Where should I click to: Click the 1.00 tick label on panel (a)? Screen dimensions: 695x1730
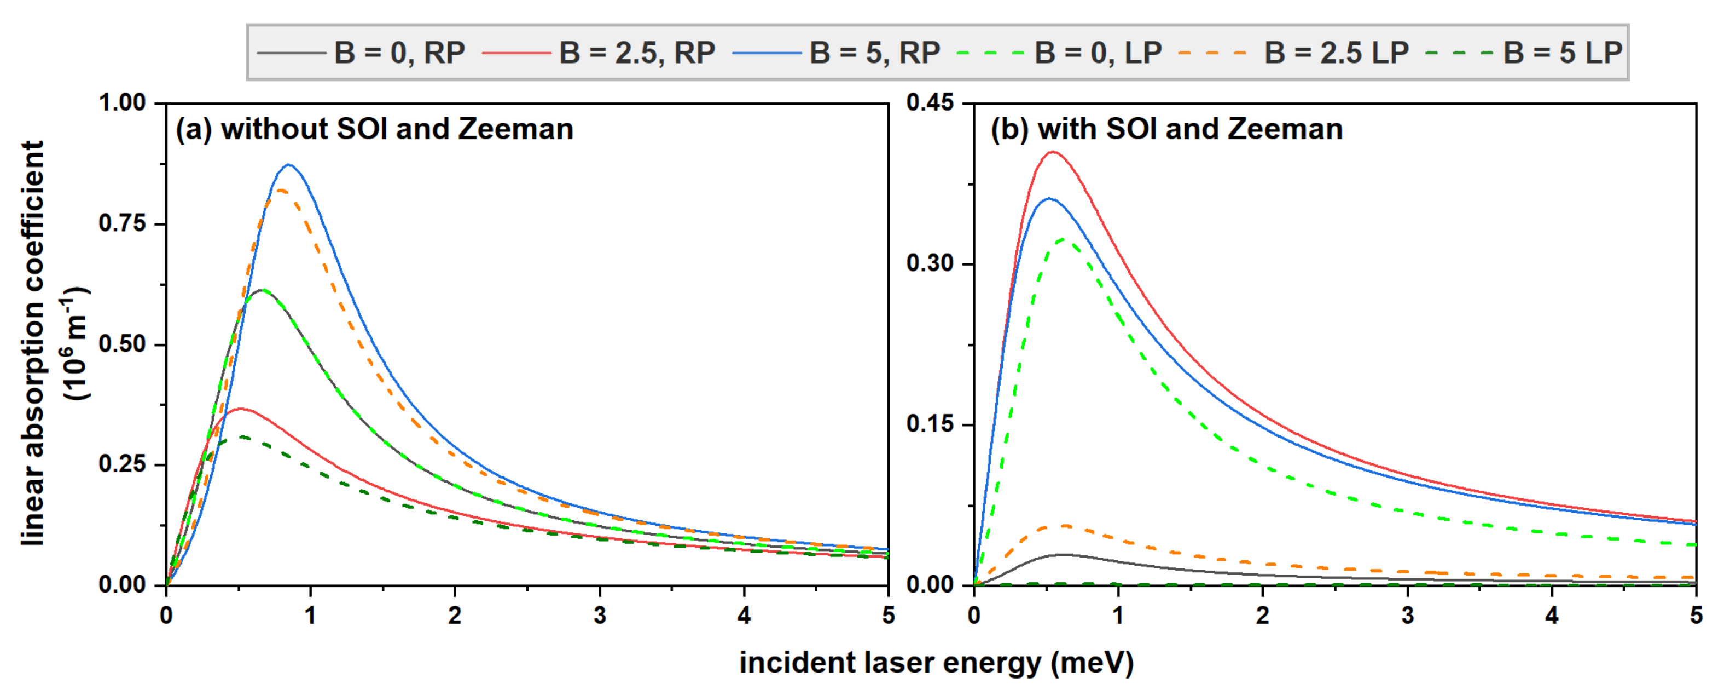pos(122,103)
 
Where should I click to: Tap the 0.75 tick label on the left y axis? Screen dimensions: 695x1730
pos(122,223)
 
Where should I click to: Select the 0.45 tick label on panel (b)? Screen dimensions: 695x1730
pos(930,103)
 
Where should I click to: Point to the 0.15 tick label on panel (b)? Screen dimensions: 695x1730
pos(930,424)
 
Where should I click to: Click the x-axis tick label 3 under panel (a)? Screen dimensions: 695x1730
pos(600,615)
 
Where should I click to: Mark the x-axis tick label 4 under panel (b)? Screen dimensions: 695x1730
pos(1552,615)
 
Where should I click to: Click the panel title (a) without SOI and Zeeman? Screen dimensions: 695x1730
pos(374,129)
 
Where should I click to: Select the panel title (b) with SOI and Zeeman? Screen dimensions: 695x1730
pos(1166,129)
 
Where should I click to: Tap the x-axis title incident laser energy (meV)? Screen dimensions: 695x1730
pos(936,663)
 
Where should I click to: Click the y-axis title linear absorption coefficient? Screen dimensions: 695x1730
pos(33,343)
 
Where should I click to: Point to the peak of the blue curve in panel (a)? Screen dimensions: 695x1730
pos(289,165)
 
